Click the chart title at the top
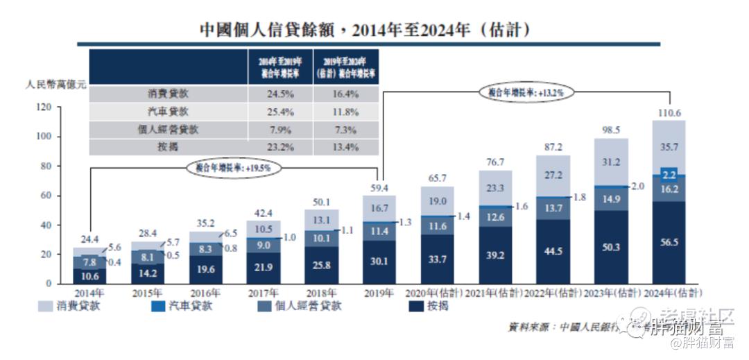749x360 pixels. coord(365,29)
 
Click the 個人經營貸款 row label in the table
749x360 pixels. coord(168,129)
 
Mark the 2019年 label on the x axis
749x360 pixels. coord(379,293)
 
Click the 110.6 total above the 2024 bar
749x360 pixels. coord(669,112)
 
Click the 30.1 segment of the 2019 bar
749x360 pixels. coord(379,263)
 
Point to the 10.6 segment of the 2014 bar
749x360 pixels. coord(89,276)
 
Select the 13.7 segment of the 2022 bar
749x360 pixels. coord(553,209)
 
